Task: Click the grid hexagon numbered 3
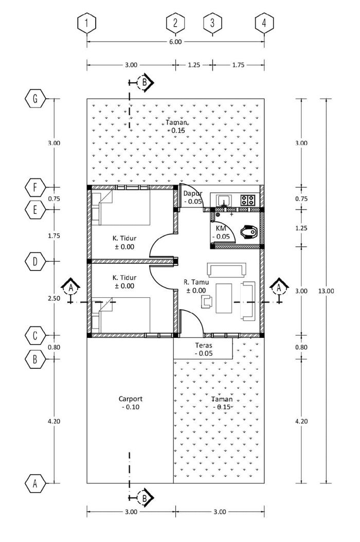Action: [x=212, y=23]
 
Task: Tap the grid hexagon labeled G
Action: [x=35, y=99]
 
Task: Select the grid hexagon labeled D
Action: [x=35, y=261]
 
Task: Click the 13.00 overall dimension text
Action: [x=326, y=291]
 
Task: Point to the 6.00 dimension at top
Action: [x=175, y=42]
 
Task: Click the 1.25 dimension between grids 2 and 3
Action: [x=194, y=65]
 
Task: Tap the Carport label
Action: [x=131, y=399]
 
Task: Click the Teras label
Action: [x=204, y=345]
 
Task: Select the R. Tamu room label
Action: [x=196, y=282]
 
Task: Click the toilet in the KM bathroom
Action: [x=249, y=231]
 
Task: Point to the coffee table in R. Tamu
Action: [x=224, y=298]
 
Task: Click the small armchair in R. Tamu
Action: [x=207, y=301]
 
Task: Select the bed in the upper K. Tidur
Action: [x=121, y=208]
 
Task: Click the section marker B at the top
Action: [x=145, y=82]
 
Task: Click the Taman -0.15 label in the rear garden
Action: [x=176, y=126]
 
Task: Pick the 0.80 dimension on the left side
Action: [x=55, y=347]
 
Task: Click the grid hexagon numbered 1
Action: [x=86, y=23]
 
